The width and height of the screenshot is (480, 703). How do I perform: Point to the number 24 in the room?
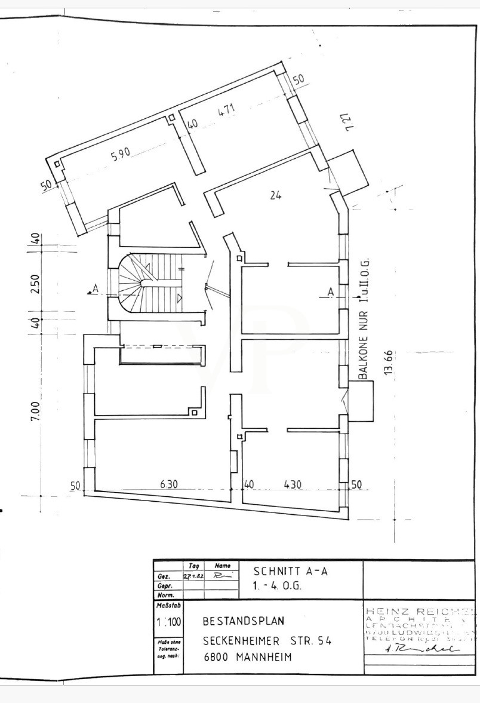(275, 194)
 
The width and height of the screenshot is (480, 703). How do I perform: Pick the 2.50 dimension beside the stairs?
(35, 283)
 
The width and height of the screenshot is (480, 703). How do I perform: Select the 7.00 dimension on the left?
(35, 411)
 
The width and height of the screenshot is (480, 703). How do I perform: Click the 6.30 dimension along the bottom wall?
(169, 485)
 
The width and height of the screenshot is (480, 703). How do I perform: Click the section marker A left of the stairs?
(94, 290)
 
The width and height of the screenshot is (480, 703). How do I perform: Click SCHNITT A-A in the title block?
(290, 570)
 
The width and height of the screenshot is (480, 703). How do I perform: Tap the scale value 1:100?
(168, 621)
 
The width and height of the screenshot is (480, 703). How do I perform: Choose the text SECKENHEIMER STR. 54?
(266, 641)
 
